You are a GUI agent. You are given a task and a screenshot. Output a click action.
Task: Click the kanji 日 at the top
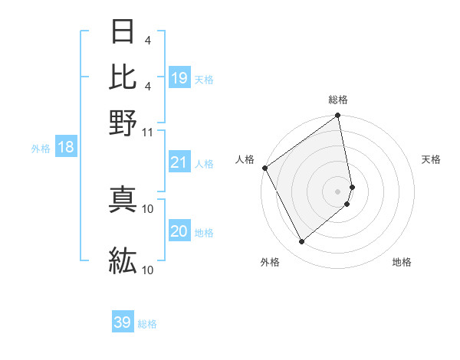point(123,33)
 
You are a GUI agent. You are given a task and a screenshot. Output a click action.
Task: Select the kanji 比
point(123,76)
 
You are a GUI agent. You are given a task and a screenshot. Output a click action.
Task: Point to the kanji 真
point(123,198)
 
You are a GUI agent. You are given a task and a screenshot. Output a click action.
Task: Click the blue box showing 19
point(179,77)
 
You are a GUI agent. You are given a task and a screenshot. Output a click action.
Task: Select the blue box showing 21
point(179,162)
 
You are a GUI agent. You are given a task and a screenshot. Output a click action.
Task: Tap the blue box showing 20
point(179,231)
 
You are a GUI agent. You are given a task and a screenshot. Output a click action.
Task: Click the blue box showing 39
point(123,322)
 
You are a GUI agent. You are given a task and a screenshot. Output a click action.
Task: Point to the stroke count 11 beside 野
point(148,131)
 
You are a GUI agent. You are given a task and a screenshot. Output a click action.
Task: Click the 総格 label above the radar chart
point(338,100)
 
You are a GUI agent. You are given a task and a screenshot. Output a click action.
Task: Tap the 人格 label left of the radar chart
point(245,159)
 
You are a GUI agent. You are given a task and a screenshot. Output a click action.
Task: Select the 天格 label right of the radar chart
point(432,159)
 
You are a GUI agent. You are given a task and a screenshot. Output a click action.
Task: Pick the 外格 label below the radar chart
point(270,262)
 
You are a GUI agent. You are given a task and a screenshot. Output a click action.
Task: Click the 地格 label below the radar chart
point(402,262)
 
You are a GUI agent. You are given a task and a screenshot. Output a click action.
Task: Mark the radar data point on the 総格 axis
point(338,116)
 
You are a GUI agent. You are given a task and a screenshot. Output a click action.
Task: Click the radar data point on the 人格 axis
point(264,168)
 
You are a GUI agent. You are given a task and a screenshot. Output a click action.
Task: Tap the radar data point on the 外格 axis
point(301,242)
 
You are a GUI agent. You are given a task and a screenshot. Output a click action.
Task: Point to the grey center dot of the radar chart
point(338,191)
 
